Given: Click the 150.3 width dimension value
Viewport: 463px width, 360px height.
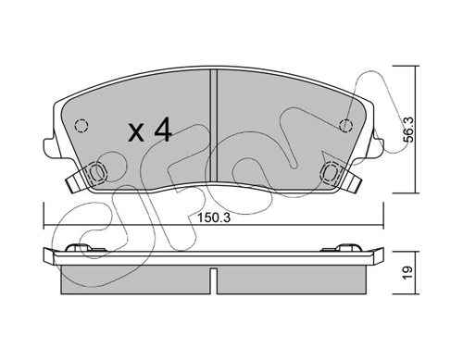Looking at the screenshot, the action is pyautogui.click(x=214, y=218).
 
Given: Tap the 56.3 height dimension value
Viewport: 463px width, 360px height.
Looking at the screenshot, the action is pyautogui.click(x=408, y=130).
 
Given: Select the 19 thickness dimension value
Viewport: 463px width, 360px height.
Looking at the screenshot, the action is pyautogui.click(x=407, y=272).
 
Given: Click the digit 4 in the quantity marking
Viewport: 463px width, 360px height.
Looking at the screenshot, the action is pyautogui.click(x=162, y=130).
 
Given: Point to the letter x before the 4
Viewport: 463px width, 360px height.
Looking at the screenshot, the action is pyautogui.click(x=136, y=132).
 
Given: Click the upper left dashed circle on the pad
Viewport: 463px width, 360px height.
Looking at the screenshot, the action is pyautogui.click(x=81, y=126).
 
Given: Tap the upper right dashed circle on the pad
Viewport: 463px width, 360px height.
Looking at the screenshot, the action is pyautogui.click(x=345, y=126).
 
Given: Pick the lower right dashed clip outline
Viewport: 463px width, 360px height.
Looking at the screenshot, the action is pyautogui.click(x=330, y=171).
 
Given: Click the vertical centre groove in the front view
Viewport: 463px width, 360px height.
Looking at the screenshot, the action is pyautogui.click(x=214, y=126).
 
